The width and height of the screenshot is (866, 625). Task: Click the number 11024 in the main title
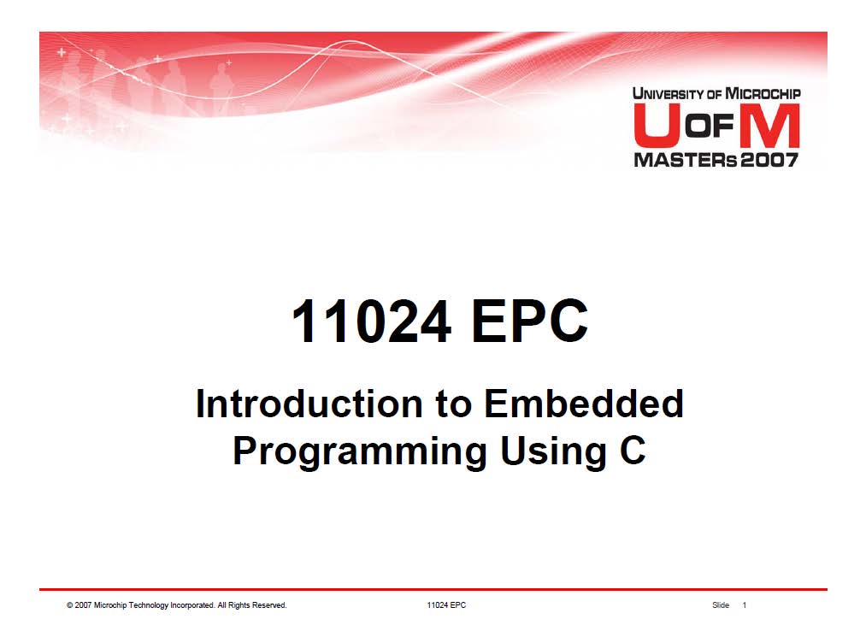point(371,321)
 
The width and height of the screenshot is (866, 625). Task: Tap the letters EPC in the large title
point(530,321)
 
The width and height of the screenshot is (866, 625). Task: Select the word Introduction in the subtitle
point(309,404)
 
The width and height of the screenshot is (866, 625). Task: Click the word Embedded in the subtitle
point(584,404)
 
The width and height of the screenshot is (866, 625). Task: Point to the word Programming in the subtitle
point(360,452)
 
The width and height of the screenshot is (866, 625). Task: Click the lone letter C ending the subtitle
point(633,451)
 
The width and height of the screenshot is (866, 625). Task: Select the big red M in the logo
point(769,126)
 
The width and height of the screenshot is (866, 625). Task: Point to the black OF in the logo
point(709,126)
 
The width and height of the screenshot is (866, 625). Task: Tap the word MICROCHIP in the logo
point(763,93)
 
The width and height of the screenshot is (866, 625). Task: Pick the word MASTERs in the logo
point(686,160)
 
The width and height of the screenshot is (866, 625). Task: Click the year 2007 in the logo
point(769,160)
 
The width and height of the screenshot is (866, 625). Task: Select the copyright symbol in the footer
point(69,605)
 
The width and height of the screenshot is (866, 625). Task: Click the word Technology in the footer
point(148,605)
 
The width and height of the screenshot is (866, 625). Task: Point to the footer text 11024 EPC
point(446,605)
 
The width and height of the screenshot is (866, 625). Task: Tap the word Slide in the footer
point(721,605)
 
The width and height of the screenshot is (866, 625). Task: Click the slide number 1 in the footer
point(745,605)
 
